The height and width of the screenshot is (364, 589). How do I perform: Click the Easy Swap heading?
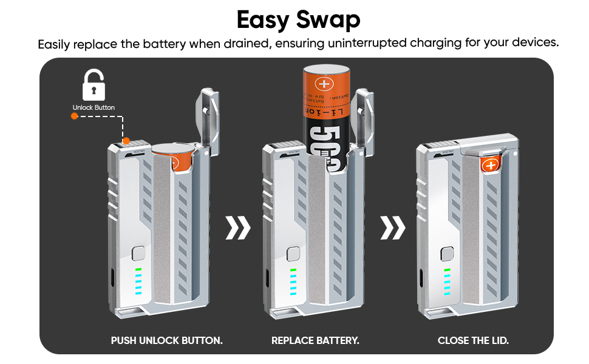[x=298, y=19]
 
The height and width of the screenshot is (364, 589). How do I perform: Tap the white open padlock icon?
[x=94, y=85]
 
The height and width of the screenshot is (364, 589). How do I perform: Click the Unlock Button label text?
[x=94, y=107]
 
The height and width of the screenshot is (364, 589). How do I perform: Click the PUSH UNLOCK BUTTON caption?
[x=166, y=340]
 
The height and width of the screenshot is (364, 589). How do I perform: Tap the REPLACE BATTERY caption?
[x=315, y=340]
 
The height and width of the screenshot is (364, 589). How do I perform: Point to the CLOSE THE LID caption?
[x=473, y=340]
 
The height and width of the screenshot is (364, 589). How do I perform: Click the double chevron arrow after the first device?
[x=237, y=227]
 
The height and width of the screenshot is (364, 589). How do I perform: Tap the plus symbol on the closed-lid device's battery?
[x=489, y=165]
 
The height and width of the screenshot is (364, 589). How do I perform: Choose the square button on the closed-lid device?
[x=448, y=253]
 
